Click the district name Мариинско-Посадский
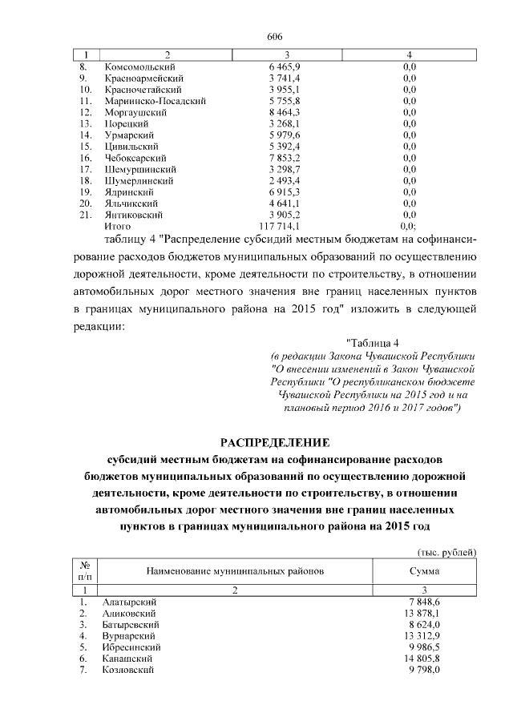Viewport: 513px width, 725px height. [x=155, y=101]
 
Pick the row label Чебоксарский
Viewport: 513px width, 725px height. [x=136, y=159]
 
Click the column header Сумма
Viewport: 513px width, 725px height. [x=424, y=571]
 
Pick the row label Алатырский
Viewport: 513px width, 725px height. [x=131, y=602]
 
